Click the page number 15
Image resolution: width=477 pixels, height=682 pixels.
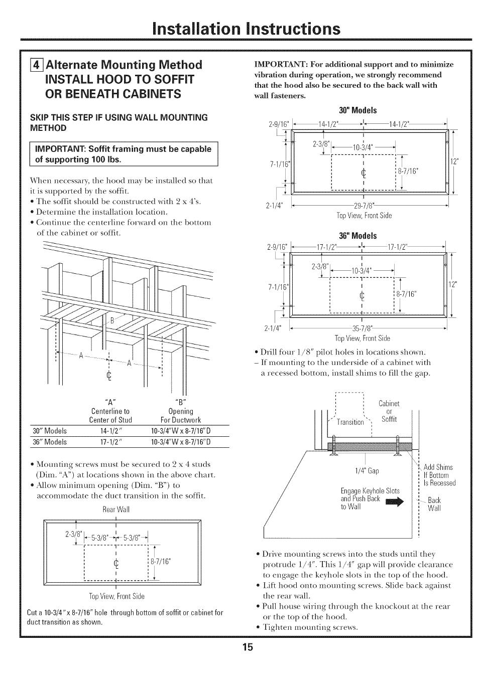(x=247, y=647)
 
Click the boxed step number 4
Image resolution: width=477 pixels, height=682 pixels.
(x=35, y=65)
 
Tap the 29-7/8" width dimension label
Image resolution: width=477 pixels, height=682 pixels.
(x=365, y=206)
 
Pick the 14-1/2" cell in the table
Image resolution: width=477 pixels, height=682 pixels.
(x=111, y=431)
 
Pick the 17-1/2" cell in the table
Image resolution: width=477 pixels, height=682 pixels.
(x=111, y=442)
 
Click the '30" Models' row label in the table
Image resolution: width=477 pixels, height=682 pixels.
(x=50, y=431)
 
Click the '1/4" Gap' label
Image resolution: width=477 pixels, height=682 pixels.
(x=367, y=471)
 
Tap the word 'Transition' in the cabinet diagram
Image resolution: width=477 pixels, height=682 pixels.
(x=350, y=422)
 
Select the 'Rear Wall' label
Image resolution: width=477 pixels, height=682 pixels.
(x=116, y=509)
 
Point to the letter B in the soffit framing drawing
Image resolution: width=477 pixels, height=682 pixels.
(x=112, y=320)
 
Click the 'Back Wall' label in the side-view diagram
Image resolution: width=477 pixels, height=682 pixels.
(x=434, y=504)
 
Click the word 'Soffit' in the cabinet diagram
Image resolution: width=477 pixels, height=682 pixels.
(x=389, y=419)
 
